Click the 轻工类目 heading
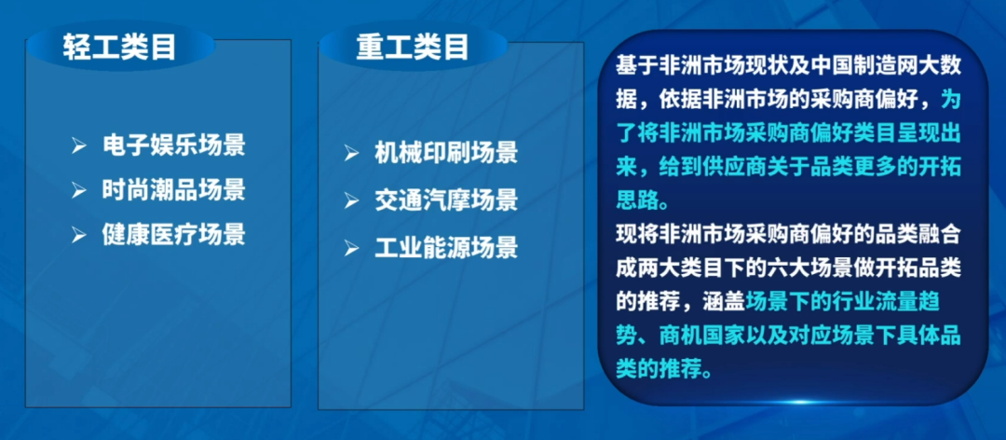point(119,47)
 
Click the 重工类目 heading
point(413,47)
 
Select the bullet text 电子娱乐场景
point(174,145)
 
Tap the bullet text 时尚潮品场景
point(174,190)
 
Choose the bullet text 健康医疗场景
point(174,235)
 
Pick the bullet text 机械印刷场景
point(446,154)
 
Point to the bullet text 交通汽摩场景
point(446,201)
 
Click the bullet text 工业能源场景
point(446,248)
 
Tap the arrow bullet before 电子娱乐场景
point(79,145)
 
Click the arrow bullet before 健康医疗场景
point(79,235)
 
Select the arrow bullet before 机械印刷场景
point(351,154)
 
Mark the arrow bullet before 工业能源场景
point(351,249)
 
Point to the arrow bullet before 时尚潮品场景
point(79,191)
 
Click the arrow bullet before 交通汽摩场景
point(351,201)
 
